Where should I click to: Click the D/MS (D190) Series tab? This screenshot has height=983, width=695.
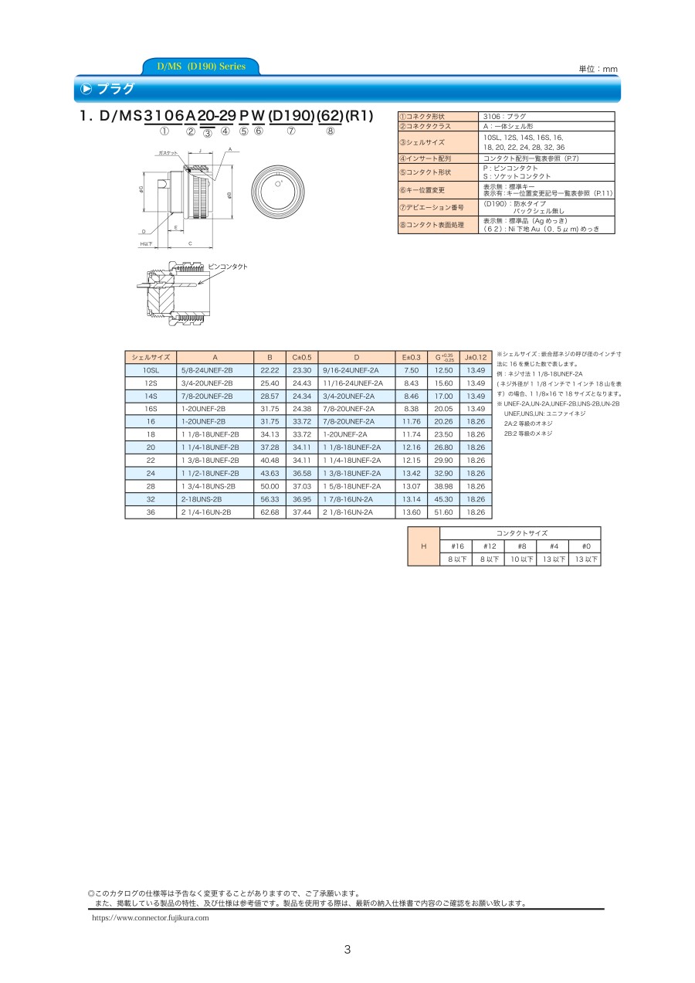(201, 66)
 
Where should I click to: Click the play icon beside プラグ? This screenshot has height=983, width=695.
(86, 89)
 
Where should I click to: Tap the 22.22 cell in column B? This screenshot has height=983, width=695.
(270, 370)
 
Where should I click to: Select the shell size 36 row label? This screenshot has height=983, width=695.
(151, 512)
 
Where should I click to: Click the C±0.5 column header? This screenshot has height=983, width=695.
(302, 357)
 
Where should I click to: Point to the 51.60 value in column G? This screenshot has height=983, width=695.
(443, 512)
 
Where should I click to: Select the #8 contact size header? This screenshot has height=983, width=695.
(521, 546)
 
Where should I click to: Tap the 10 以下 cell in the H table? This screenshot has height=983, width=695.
(521, 559)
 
